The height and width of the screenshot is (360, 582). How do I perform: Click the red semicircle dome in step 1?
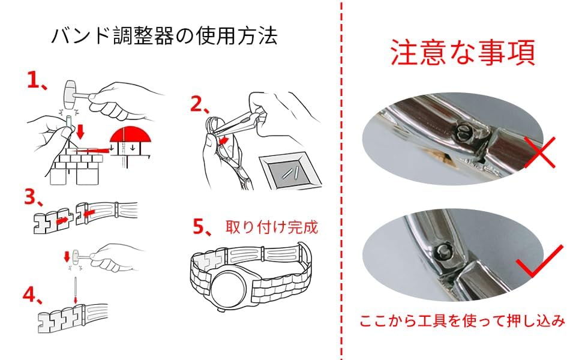pos(130,134)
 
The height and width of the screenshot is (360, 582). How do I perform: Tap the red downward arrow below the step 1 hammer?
pos(79,131)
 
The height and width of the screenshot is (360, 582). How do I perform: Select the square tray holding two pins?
pos(290,171)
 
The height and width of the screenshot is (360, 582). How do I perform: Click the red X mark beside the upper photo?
pos(539,152)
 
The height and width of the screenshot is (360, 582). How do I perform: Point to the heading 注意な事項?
pos(463,52)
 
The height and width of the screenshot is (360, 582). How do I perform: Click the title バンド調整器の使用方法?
pos(164,37)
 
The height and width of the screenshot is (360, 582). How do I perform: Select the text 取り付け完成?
pos(272,227)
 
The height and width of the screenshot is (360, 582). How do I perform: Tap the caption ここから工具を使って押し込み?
pos(462,320)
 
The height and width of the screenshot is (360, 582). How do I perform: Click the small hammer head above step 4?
pos(76,256)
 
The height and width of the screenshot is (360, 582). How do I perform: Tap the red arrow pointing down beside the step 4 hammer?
pos(67,256)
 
